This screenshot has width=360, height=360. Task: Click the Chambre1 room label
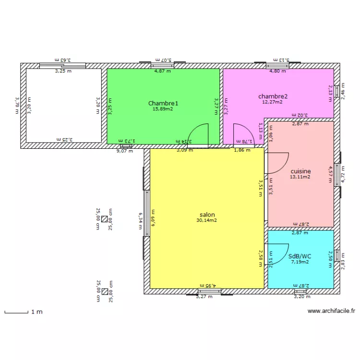click(x=163, y=103)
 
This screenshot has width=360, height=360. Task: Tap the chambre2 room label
click(x=272, y=96)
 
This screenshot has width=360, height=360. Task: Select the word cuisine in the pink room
click(x=300, y=171)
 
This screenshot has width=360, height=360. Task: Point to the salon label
click(x=207, y=215)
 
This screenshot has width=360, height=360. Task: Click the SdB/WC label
click(x=300, y=256)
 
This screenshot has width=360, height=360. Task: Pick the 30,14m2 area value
click(x=206, y=221)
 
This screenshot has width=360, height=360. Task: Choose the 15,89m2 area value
click(x=163, y=109)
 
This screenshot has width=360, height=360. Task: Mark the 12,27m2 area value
click(x=272, y=102)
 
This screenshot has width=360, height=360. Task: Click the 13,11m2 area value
click(x=300, y=177)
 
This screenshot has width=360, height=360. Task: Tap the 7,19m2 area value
click(x=300, y=262)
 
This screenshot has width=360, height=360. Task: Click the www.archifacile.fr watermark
click(x=331, y=311)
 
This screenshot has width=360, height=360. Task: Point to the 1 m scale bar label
click(x=37, y=312)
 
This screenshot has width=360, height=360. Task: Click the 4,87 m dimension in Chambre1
click(x=162, y=71)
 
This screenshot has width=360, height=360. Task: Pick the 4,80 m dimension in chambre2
click(x=277, y=71)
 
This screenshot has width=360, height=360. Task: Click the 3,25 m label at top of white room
click(x=63, y=71)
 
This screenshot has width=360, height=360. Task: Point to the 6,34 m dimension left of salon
click(x=141, y=221)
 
